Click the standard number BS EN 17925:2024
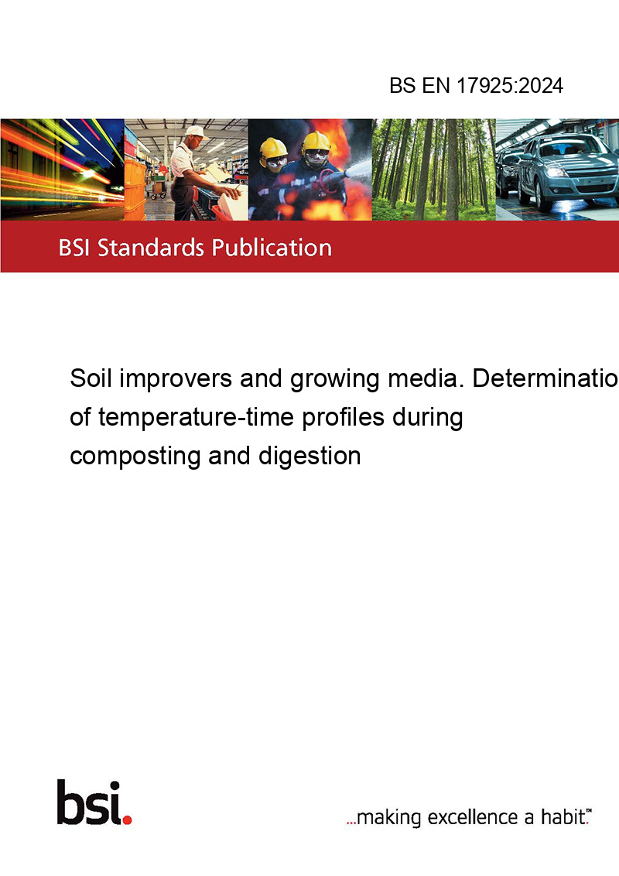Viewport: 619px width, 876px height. click(x=476, y=85)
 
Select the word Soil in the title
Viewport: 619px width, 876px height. click(x=91, y=378)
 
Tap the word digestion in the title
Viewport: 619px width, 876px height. click(x=309, y=456)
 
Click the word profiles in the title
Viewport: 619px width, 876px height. click(x=344, y=417)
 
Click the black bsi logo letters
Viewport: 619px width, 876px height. click(x=89, y=802)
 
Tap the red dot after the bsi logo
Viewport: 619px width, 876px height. click(x=127, y=820)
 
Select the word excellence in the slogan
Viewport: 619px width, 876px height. click(x=473, y=817)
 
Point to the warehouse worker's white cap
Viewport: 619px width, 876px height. click(x=196, y=132)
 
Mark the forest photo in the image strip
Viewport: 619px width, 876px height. click(x=433, y=169)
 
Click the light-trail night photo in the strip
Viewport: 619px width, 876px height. click(x=62, y=169)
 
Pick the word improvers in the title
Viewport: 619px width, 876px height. click(x=176, y=378)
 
